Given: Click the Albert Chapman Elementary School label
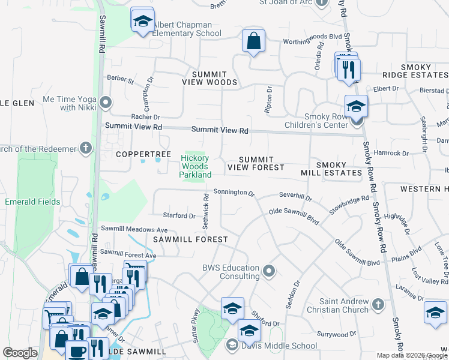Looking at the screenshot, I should tap(182, 29).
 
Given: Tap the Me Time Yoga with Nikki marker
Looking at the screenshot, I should tap(106, 103).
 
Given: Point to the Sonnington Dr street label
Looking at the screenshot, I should tap(235, 193).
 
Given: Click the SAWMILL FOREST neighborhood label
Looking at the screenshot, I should tap(190, 239).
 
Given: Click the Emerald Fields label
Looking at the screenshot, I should tap(32, 202).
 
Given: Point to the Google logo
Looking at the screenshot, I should tap(20, 353).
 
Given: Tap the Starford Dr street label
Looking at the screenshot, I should tap(179, 215).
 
